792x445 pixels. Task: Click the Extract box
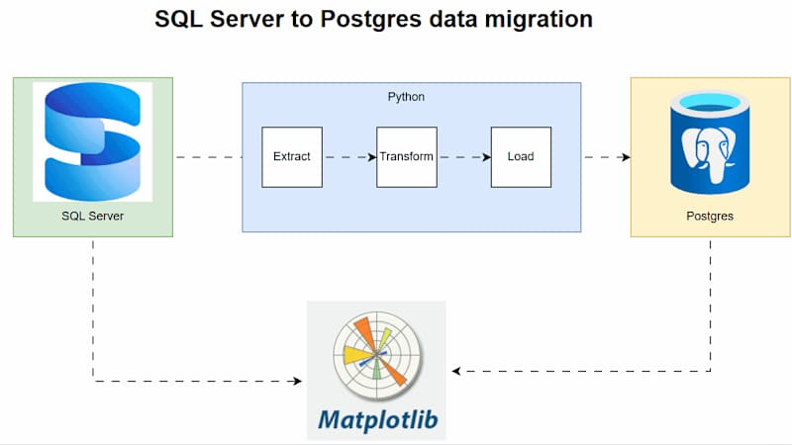(292, 156)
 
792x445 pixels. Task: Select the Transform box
(406, 156)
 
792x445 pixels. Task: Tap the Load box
(521, 156)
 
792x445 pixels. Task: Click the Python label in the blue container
(406, 97)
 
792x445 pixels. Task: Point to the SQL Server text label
(92, 215)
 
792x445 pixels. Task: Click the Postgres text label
(709, 215)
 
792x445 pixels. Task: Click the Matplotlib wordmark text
(376, 419)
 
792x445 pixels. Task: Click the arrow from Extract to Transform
(349, 156)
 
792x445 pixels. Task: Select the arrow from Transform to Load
(464, 156)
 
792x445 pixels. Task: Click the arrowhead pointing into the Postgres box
(626, 156)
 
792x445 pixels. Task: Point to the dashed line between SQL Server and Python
(208, 156)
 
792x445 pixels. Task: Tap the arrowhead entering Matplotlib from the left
(301, 381)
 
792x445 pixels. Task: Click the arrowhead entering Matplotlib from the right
(457, 371)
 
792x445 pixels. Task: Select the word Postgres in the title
(363, 20)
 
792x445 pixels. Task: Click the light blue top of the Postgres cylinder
(710, 102)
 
